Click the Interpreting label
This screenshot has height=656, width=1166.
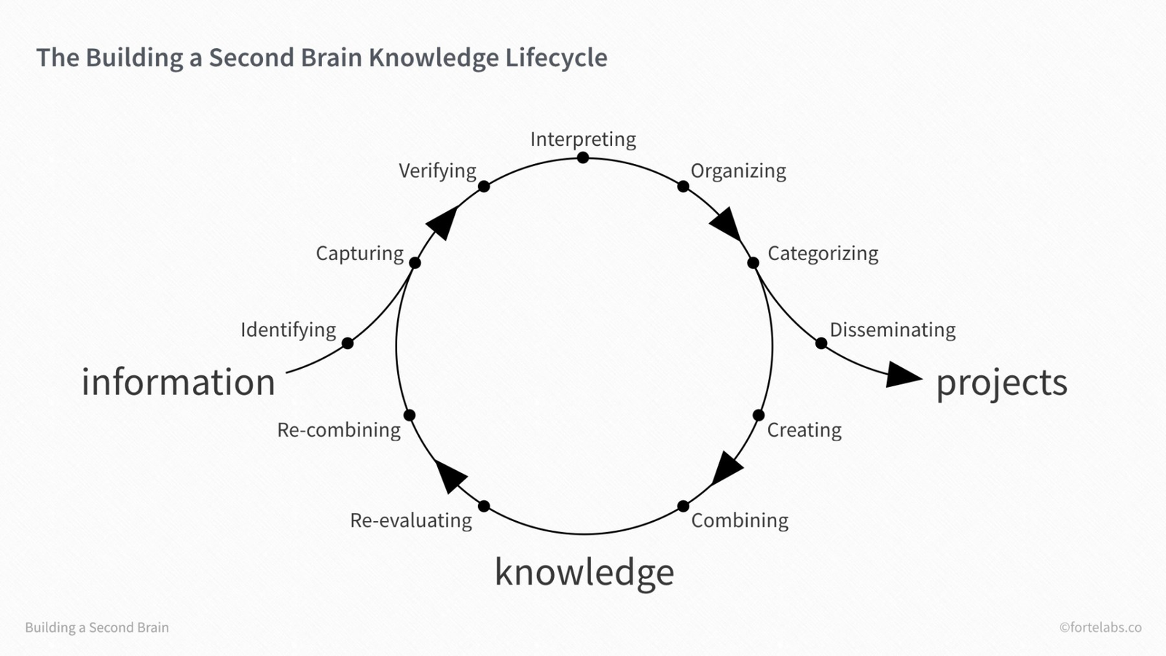pyautogui.click(x=583, y=139)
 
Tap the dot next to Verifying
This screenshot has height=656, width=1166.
pyautogui.click(x=484, y=187)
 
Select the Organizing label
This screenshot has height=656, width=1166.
pyautogui.click(x=738, y=171)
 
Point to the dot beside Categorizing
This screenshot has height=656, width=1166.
pyautogui.click(x=753, y=263)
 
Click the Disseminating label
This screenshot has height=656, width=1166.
pyautogui.click(x=893, y=330)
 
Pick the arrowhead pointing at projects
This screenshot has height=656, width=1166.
pyautogui.click(x=904, y=375)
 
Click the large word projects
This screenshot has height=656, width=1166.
pyautogui.click(x=1001, y=383)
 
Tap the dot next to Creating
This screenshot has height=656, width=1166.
pyautogui.click(x=759, y=415)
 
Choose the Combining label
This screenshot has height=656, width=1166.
pyautogui.click(x=740, y=520)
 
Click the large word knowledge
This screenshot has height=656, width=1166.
pyautogui.click(x=584, y=572)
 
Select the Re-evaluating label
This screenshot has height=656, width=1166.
pyautogui.click(x=411, y=520)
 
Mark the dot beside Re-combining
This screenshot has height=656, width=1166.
pyautogui.click(x=410, y=415)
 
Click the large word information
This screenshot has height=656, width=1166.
pyautogui.click(x=179, y=383)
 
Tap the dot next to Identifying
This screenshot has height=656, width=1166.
pyautogui.click(x=348, y=343)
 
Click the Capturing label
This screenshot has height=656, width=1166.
pyautogui.click(x=359, y=254)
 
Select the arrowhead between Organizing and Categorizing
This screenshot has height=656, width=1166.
pyautogui.click(x=726, y=224)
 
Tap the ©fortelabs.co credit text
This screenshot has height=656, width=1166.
pyautogui.click(x=1100, y=628)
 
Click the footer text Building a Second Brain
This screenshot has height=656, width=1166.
pyautogui.click(x=97, y=628)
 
